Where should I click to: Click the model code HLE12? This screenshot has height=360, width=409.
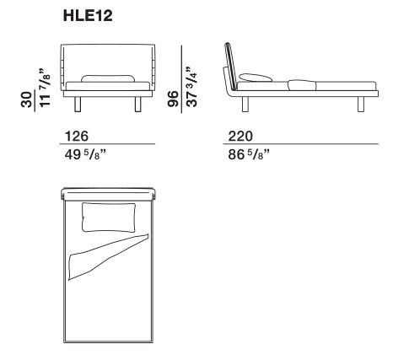(88, 15)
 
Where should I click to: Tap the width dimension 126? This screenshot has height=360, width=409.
(77, 137)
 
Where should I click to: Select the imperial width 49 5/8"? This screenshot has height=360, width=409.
(85, 154)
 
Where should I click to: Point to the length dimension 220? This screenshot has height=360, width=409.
(240, 137)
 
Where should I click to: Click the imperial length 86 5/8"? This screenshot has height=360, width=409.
(249, 154)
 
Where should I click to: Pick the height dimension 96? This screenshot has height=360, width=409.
(173, 99)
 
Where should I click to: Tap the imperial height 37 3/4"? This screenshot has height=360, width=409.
(192, 87)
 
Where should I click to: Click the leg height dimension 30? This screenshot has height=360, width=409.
(26, 99)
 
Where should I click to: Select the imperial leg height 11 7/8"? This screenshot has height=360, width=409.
(45, 88)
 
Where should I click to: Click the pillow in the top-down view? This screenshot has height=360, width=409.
(109, 218)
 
